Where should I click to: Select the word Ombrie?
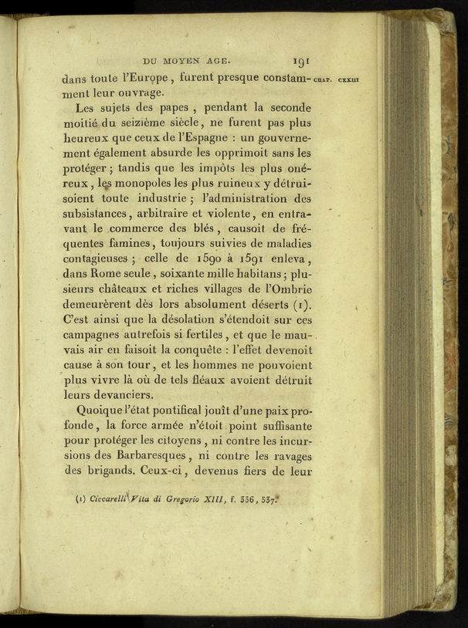point(283,290)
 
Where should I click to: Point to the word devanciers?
point(126,396)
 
